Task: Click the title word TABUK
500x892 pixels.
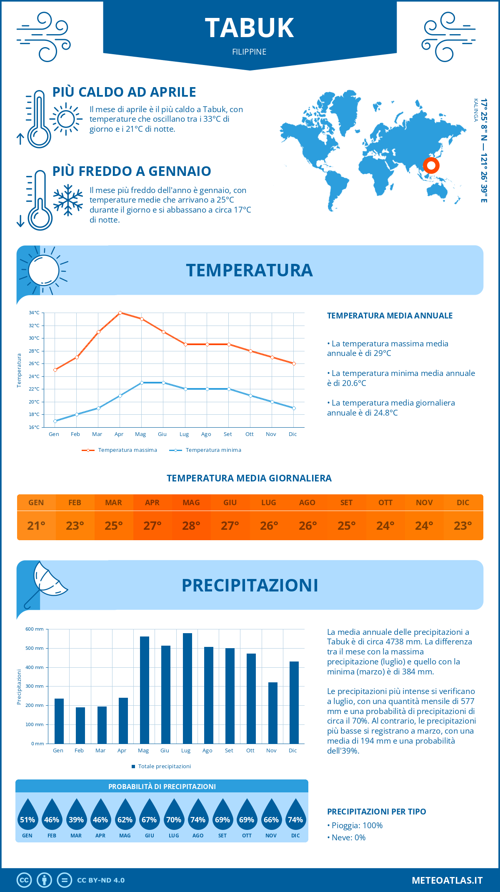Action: point(250,28)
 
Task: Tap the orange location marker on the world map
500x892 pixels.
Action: point(431,165)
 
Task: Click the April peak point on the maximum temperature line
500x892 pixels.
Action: point(120,313)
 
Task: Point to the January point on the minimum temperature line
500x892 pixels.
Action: point(55,421)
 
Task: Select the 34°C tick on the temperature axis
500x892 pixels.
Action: point(34,313)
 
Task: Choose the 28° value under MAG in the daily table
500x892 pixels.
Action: point(191,526)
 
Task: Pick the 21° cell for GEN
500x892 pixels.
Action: point(36,526)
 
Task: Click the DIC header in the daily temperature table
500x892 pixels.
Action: point(463,503)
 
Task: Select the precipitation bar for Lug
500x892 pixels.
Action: point(187,688)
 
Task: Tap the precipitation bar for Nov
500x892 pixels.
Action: point(272,713)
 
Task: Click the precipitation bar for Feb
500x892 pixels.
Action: point(80,725)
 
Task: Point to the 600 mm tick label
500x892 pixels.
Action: point(35,629)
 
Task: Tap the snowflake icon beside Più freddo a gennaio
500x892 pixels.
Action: point(68,200)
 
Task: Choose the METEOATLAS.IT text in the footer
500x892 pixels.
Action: point(447,880)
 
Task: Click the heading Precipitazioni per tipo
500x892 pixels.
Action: point(376,812)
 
